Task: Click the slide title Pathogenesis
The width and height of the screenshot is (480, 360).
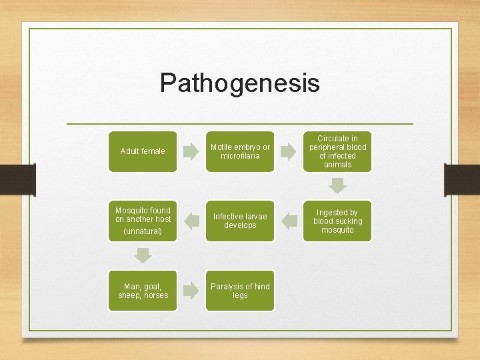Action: tap(239, 83)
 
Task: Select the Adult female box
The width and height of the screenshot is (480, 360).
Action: tap(143, 151)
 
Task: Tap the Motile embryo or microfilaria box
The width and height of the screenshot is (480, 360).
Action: tap(240, 151)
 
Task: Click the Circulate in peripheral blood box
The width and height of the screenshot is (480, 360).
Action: tap(337, 151)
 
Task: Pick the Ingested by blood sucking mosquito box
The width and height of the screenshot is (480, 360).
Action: tap(337, 221)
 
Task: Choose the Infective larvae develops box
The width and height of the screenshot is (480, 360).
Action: tap(240, 221)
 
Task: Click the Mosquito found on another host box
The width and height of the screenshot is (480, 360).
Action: tap(143, 221)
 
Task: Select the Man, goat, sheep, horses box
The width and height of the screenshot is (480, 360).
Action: tap(143, 291)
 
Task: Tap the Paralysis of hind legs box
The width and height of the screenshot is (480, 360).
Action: tap(240, 291)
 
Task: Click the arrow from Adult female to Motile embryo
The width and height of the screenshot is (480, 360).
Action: tap(191, 152)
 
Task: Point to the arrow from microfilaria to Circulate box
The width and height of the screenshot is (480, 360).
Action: tap(288, 152)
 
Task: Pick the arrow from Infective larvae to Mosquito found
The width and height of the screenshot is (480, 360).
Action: tap(191, 220)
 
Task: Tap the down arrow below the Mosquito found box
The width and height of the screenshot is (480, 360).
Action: tap(143, 255)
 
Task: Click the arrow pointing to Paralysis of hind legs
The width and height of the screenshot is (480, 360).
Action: tap(191, 290)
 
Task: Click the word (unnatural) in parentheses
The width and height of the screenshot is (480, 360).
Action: tap(143, 231)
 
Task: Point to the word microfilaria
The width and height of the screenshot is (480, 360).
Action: tap(240, 156)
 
